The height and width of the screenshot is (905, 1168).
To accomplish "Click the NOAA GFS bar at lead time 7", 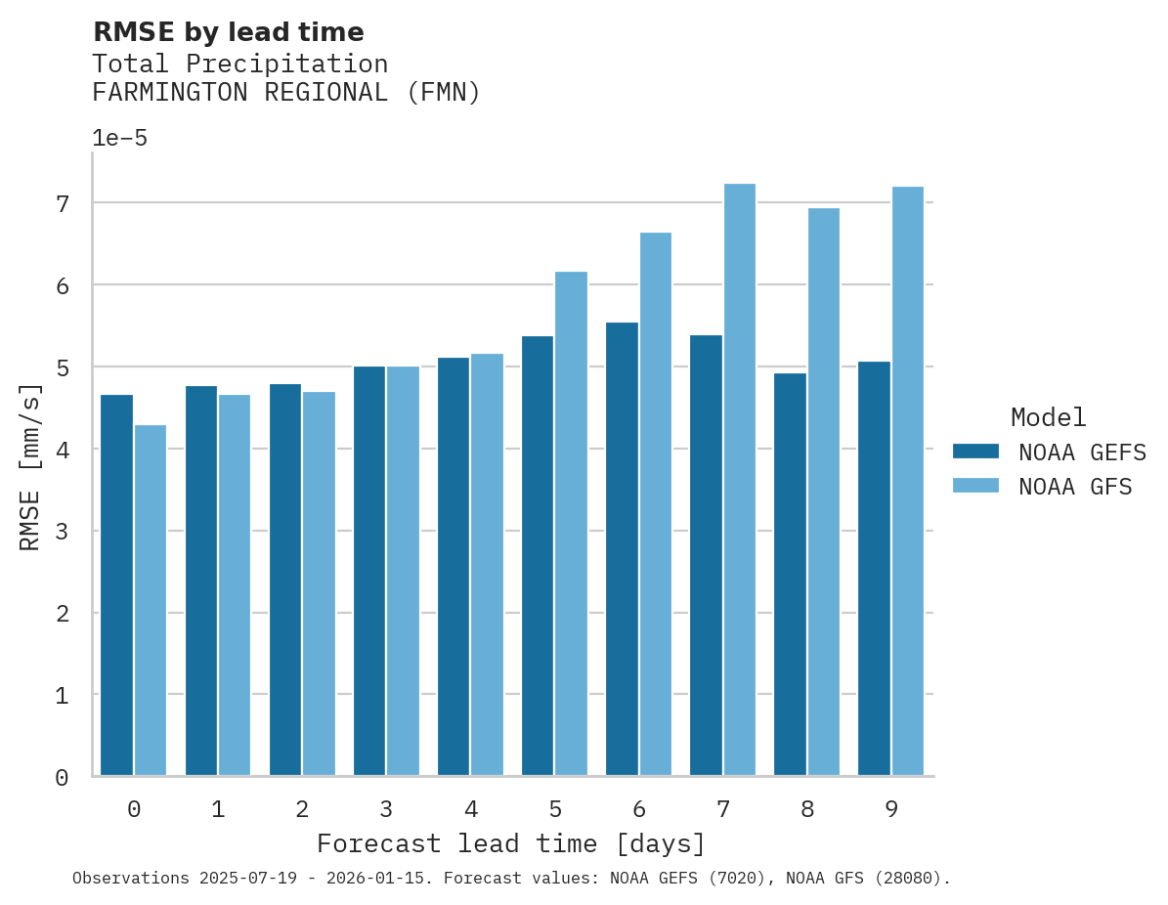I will [739, 480].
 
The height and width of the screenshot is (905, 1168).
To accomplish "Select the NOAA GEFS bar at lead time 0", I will [117, 585].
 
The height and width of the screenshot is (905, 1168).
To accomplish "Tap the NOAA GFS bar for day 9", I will [908, 481].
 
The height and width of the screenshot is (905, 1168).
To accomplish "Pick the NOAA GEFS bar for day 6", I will [622, 549].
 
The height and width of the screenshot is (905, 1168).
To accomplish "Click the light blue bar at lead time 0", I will [151, 600].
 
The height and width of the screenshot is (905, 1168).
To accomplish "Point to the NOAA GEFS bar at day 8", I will [790, 575].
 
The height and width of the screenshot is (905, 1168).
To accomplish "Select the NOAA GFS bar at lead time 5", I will [571, 524].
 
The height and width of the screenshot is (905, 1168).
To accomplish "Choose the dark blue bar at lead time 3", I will [369, 572].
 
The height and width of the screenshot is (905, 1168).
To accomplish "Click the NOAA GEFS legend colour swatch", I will [975, 452].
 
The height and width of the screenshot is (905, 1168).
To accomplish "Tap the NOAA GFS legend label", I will [1075, 487].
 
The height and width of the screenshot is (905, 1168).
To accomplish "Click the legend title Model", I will [1048, 417].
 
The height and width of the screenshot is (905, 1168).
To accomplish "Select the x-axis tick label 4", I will [470, 809].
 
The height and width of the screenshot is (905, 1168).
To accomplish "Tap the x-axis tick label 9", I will [891, 809].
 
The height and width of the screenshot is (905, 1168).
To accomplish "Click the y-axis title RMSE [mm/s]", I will [30, 465].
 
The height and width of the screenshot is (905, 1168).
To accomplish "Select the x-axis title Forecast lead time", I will [510, 843].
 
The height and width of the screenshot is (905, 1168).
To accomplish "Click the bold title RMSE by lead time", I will [228, 32].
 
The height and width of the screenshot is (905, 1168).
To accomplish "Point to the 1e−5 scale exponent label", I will [119, 138].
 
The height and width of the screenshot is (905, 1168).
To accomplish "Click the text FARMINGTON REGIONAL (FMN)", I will [286, 93].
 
